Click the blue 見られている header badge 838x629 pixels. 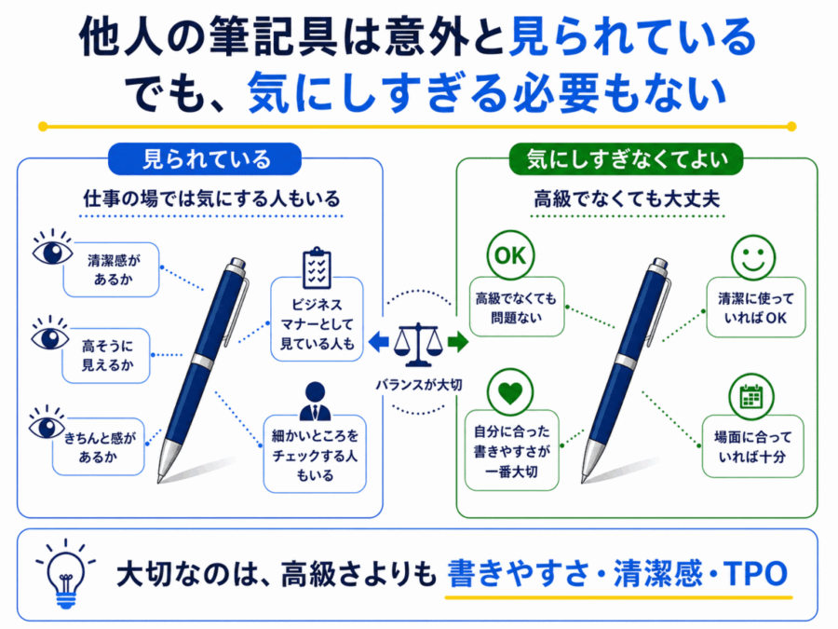coord(205,158)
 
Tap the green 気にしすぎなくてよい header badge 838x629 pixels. coord(627,158)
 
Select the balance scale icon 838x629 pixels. coord(418,344)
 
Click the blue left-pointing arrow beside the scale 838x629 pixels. coord(378,342)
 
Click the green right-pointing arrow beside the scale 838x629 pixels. coord(458,342)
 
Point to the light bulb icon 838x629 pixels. coord(65,574)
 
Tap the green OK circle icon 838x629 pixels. coord(510,255)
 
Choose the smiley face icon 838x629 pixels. coord(753,257)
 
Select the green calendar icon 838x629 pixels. coord(751,396)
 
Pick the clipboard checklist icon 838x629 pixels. coord(317,268)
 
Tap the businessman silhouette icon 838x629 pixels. coord(315,401)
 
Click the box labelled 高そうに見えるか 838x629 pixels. coord(106,356)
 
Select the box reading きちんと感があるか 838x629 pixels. coord(99,446)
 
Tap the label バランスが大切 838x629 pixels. coord(418,385)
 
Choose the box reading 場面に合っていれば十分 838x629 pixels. coord(752,446)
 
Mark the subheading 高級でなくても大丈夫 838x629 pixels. coord(627,199)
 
